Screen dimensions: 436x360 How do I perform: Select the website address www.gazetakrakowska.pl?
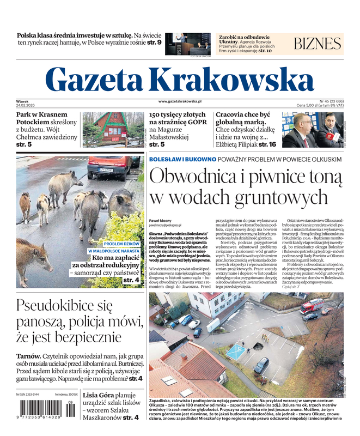coord(180,101)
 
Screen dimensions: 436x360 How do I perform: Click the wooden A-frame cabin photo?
coord(113,130)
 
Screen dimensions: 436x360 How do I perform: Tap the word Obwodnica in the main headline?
coord(192,178)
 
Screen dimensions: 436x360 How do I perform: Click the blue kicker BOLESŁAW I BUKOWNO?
coord(181,159)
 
